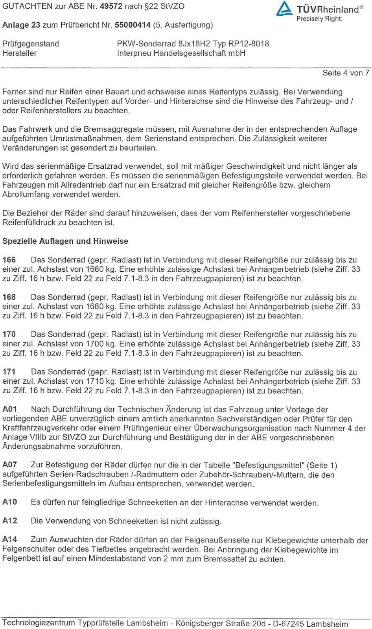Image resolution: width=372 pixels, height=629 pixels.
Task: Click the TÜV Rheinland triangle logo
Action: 284,9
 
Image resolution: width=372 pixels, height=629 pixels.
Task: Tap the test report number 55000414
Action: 133,25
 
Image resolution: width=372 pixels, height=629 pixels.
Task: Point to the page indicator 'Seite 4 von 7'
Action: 346,73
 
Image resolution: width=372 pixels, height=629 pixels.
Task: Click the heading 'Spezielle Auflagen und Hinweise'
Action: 65,241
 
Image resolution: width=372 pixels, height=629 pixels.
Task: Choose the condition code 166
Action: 9,260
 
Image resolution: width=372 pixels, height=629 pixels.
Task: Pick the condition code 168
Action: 9,297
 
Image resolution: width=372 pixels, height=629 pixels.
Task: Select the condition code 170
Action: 9,335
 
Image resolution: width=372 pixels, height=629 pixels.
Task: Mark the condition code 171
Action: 9,372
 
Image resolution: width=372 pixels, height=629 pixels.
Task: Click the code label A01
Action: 10,409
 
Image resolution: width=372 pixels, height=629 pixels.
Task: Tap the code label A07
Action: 10,465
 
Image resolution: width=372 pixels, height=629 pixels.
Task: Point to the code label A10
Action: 10,502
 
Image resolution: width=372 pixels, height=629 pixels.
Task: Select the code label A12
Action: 10,521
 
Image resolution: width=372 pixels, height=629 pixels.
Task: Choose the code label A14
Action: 10,539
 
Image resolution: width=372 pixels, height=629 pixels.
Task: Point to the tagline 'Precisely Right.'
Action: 319,19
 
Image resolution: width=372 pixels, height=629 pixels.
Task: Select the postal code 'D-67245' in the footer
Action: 288,623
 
